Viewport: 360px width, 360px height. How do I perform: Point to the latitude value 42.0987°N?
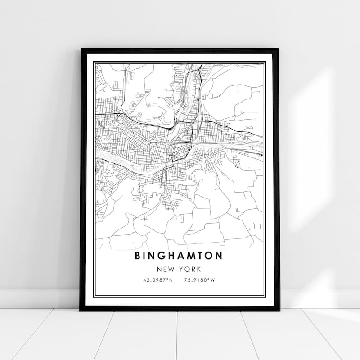click(x=157, y=280)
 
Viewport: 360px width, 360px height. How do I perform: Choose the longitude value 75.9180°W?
click(x=199, y=280)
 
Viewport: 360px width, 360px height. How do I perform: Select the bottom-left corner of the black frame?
click(x=81, y=310)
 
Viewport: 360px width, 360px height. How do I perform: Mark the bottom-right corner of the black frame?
click(x=279, y=310)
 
